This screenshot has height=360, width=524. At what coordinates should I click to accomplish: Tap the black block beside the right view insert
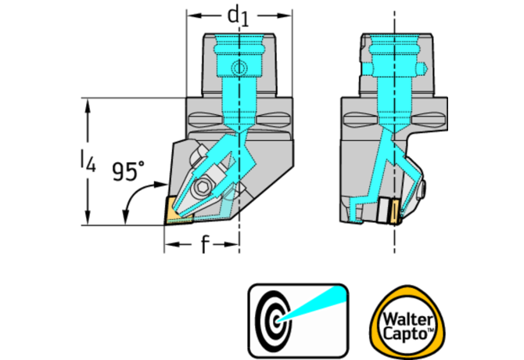tap(384, 211)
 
